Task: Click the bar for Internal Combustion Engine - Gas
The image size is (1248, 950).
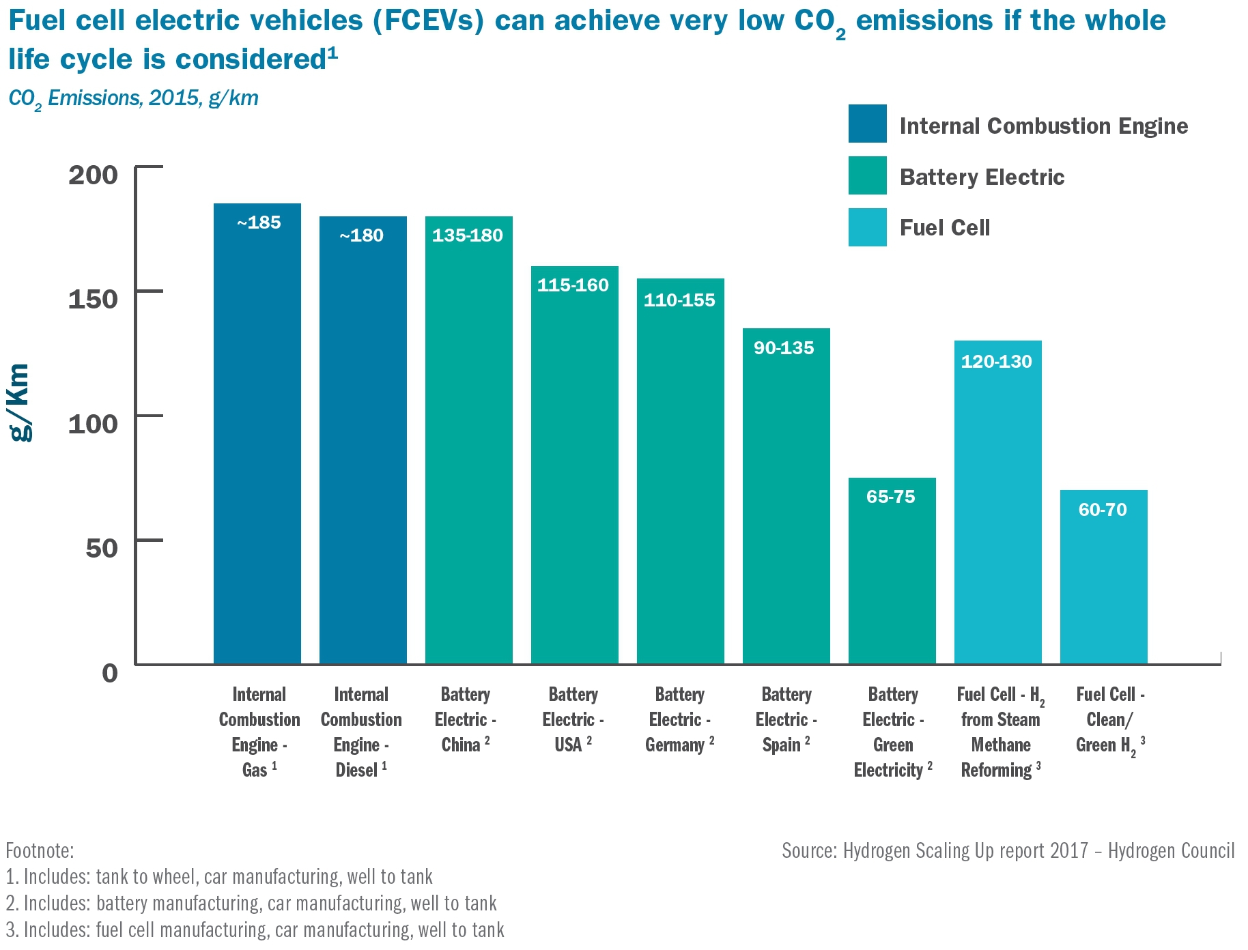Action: click(x=257, y=437)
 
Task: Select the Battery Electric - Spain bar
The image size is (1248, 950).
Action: click(x=786, y=498)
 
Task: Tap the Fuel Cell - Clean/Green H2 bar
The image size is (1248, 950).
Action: click(x=1103, y=580)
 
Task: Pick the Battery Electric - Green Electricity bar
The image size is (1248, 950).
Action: click(x=892, y=573)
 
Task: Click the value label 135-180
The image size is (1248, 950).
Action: click(x=468, y=235)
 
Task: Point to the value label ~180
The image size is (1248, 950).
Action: click(x=362, y=235)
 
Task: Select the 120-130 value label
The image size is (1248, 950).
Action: click(x=997, y=362)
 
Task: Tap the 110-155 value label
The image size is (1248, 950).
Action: click(x=679, y=300)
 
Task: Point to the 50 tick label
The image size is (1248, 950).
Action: click(x=102, y=548)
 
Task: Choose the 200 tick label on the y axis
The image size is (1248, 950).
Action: click(x=94, y=175)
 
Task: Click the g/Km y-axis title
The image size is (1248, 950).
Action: click(x=20, y=403)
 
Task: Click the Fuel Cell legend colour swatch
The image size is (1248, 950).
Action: click(x=867, y=227)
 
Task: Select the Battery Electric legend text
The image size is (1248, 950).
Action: click(x=982, y=177)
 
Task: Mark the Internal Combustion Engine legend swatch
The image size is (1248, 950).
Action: click(x=867, y=124)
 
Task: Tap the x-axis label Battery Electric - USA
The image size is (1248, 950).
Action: click(x=573, y=719)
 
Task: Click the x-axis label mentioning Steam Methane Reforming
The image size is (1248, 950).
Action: click(x=1000, y=732)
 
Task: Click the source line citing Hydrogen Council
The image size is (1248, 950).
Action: click(x=1008, y=850)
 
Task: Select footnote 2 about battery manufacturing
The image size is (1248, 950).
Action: click(x=251, y=903)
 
